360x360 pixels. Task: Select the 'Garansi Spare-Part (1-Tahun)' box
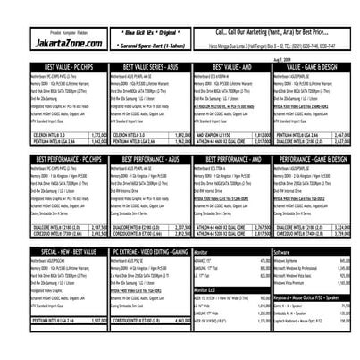click(x=145, y=44)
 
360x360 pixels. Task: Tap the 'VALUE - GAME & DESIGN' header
click(x=309, y=67)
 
